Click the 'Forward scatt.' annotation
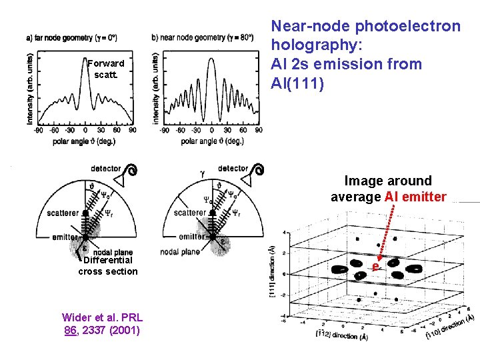(x=105, y=69)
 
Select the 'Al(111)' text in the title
(x=297, y=83)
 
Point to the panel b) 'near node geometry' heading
(x=203, y=37)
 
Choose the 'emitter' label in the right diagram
(x=192, y=237)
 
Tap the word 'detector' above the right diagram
(x=233, y=169)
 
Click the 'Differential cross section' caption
(x=107, y=266)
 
